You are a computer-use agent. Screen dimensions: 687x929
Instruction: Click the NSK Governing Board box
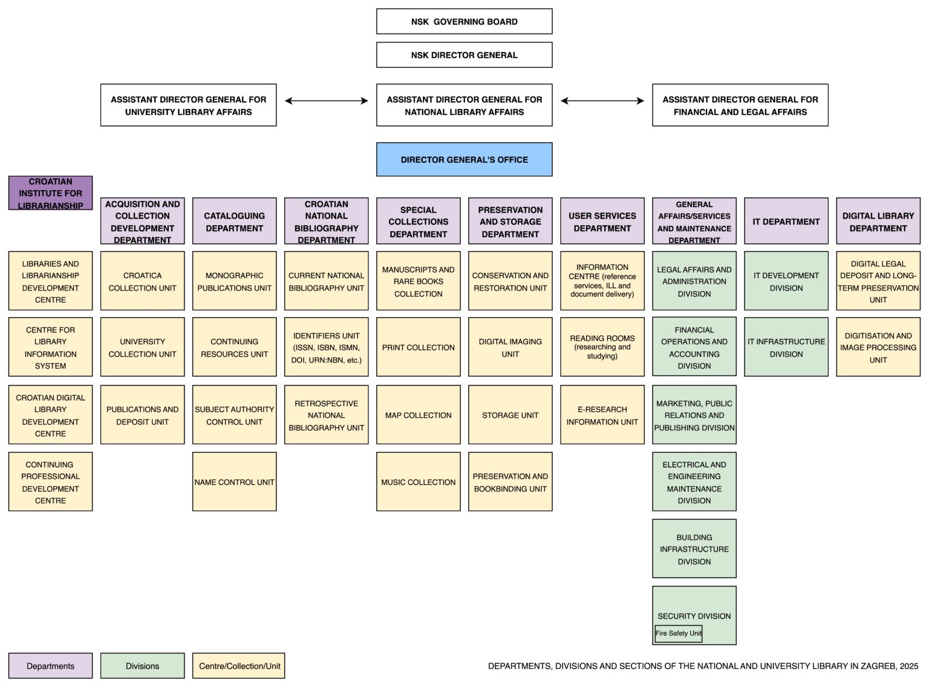pos(464,21)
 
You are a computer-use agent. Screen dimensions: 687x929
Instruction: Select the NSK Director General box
pos(464,55)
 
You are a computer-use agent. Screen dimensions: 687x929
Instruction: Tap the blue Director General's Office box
pos(464,160)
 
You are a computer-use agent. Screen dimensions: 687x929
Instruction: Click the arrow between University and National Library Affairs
pos(326,101)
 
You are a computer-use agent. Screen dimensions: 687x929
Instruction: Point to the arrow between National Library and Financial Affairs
pos(602,101)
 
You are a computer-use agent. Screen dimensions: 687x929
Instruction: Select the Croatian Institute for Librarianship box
pos(50,193)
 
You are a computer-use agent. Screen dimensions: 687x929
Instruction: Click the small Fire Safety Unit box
pos(678,634)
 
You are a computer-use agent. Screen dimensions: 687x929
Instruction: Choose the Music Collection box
pos(418,482)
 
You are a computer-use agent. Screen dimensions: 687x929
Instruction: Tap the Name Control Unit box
pos(234,482)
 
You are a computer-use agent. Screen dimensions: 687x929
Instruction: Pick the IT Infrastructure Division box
pos(786,347)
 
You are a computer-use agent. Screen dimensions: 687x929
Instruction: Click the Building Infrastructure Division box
pos(694,549)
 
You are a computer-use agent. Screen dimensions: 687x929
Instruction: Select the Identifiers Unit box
pos(326,347)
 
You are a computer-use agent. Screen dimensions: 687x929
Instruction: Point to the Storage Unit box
pos(510,415)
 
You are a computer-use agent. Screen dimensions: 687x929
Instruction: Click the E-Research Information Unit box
pos(602,415)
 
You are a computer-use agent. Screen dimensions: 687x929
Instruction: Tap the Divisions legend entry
pos(142,666)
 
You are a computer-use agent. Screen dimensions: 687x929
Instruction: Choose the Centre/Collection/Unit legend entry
pos(239,666)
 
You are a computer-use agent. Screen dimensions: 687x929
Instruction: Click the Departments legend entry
pos(50,666)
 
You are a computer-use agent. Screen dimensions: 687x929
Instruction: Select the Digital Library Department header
pos(878,222)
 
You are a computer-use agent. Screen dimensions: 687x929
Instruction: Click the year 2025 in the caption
pos(908,666)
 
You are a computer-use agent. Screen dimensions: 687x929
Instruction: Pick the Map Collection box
pos(418,415)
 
